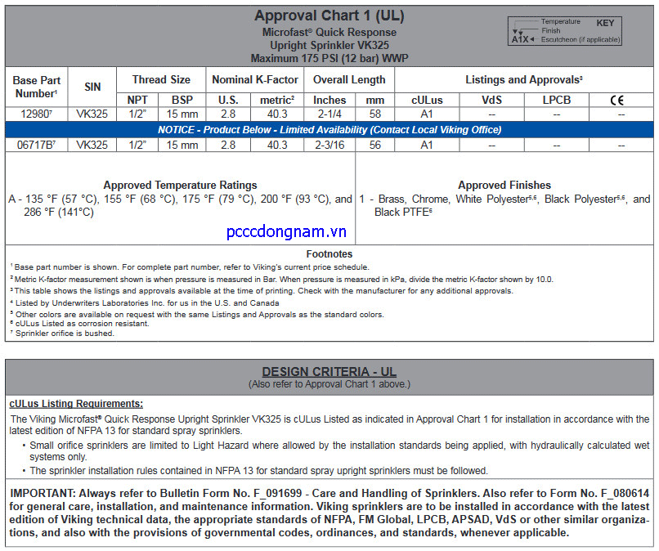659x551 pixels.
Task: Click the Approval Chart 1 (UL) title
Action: click(329, 16)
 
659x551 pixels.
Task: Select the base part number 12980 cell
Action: click(36, 114)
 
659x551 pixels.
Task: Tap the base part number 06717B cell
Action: click(38, 145)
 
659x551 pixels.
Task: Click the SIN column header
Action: click(92, 87)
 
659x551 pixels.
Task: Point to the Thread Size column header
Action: click(161, 79)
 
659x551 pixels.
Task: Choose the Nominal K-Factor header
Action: click(254, 79)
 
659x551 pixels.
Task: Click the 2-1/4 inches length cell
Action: click(329, 114)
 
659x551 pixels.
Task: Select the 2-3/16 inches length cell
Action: click(329, 145)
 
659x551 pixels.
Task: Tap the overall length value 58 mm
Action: click(375, 114)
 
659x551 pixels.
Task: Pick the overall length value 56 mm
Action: click(375, 145)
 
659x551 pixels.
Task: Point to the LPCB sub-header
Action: click(556, 101)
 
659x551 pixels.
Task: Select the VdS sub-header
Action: click(491, 101)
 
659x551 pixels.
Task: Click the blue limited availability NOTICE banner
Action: click(329, 129)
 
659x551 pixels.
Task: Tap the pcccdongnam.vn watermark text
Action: click(286, 232)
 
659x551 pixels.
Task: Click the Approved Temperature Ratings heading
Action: click(180, 185)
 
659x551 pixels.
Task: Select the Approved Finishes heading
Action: click(504, 185)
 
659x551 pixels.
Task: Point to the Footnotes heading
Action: click(329, 254)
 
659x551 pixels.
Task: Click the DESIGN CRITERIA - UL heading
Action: click(329, 372)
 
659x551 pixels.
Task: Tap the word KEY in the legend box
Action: click(604, 23)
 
